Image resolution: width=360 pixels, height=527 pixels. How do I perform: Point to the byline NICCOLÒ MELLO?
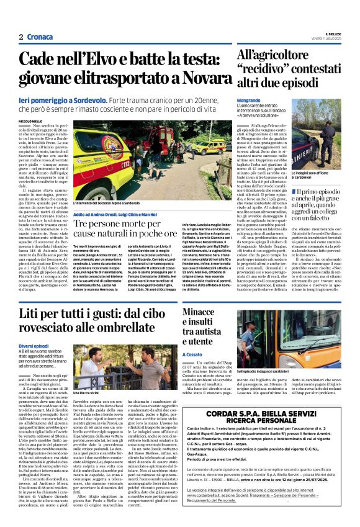[30, 121]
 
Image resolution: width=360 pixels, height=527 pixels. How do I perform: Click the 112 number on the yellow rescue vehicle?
[127, 164]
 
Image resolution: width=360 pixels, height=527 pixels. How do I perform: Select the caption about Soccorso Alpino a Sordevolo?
[107, 203]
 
